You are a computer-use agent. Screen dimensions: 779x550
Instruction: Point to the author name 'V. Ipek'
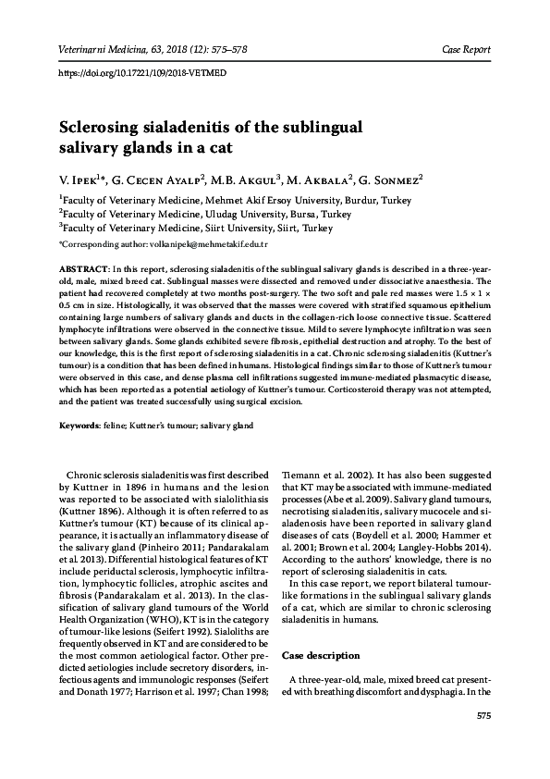[80, 178]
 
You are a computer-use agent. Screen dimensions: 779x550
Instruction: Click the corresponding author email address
[202, 244]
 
